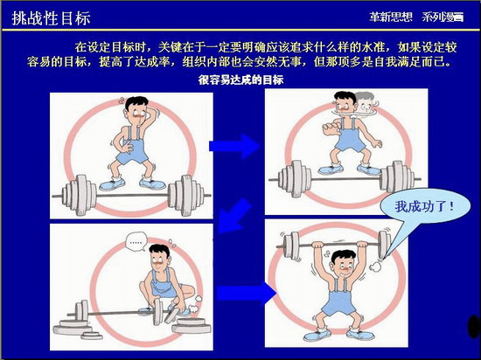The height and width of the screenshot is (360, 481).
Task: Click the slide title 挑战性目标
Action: coord(51,17)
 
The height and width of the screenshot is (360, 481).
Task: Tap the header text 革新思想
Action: coord(391,17)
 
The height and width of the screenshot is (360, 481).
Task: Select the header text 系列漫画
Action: coord(443,17)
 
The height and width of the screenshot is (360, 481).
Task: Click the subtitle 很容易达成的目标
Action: coord(240,80)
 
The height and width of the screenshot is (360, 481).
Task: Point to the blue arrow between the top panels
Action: coord(234,146)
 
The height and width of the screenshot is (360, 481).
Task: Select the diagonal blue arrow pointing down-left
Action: coord(234,217)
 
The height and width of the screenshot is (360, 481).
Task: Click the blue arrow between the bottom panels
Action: coord(247,294)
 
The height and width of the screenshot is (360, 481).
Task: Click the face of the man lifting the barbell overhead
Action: coord(343,266)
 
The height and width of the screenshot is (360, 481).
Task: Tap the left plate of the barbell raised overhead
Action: coord(291,245)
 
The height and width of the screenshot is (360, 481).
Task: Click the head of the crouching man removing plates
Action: coord(159,257)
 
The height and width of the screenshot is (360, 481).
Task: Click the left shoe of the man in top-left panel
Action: coord(112,184)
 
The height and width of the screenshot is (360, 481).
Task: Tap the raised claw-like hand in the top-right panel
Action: coord(329,128)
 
